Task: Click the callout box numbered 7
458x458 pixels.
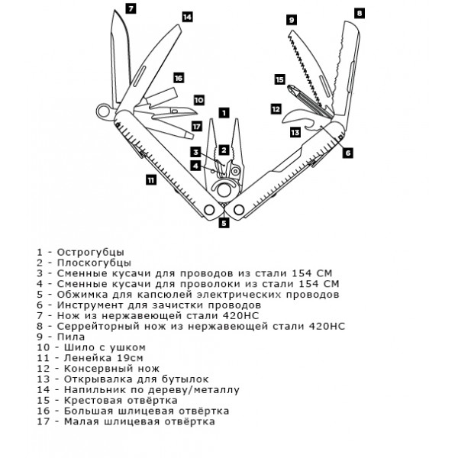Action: [131, 9]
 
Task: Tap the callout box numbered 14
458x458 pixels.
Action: [187, 15]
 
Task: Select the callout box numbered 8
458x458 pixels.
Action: [360, 12]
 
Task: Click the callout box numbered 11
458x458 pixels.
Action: [150, 180]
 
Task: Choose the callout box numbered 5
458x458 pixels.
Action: [224, 223]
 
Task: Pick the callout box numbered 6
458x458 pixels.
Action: [348, 152]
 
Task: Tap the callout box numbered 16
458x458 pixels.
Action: [178, 78]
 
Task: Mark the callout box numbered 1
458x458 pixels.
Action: [223, 111]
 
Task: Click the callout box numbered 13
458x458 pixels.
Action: [295, 132]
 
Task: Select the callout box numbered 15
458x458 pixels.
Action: [279, 79]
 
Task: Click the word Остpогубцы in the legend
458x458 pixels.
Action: [92, 251]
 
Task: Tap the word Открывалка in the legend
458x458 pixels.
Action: [98, 379]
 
